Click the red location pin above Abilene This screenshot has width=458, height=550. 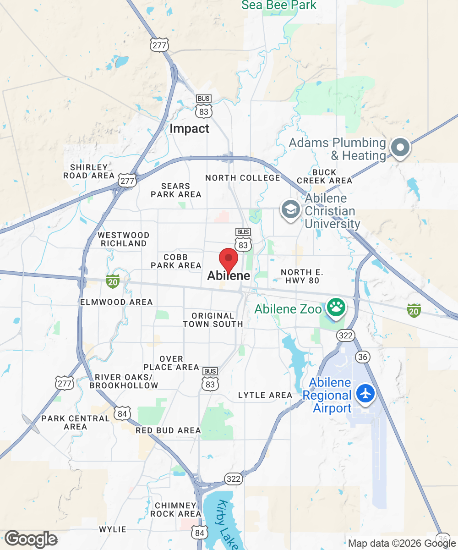[x=229, y=259]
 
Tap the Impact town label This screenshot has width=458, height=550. [x=189, y=129]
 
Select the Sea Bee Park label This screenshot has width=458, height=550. [x=279, y=5]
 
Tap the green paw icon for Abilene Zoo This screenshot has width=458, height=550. [x=336, y=308]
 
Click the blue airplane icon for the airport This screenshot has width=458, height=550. [x=365, y=393]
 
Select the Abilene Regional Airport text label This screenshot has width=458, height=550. [x=330, y=395]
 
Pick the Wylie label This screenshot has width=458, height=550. [x=113, y=529]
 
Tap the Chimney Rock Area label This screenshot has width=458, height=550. [x=176, y=509]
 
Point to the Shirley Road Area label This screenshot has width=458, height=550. [x=89, y=171]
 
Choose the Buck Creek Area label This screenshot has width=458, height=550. [x=325, y=176]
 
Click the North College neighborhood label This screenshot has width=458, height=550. [x=242, y=178]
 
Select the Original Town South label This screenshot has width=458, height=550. [x=213, y=320]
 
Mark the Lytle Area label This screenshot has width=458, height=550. [x=265, y=395]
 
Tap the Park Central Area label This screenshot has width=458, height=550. [x=76, y=422]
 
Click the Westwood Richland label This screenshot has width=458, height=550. [x=124, y=239]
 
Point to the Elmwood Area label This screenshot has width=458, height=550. [x=116, y=302]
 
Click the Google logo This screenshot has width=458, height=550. [x=31, y=539]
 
